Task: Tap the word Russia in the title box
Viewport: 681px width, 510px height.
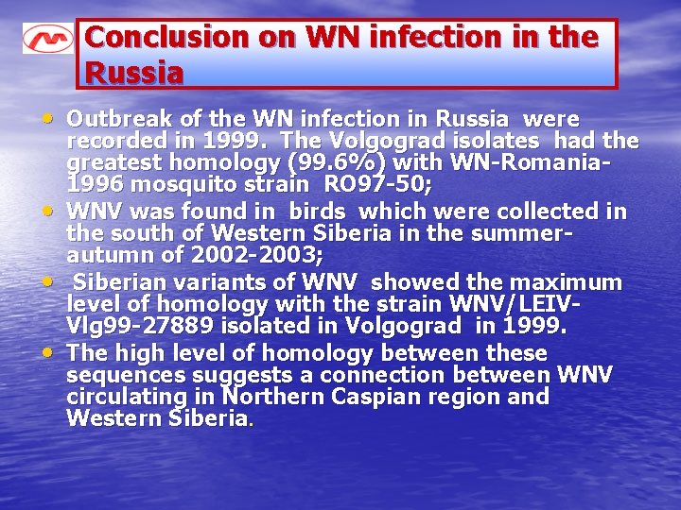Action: pyautogui.click(x=133, y=72)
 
